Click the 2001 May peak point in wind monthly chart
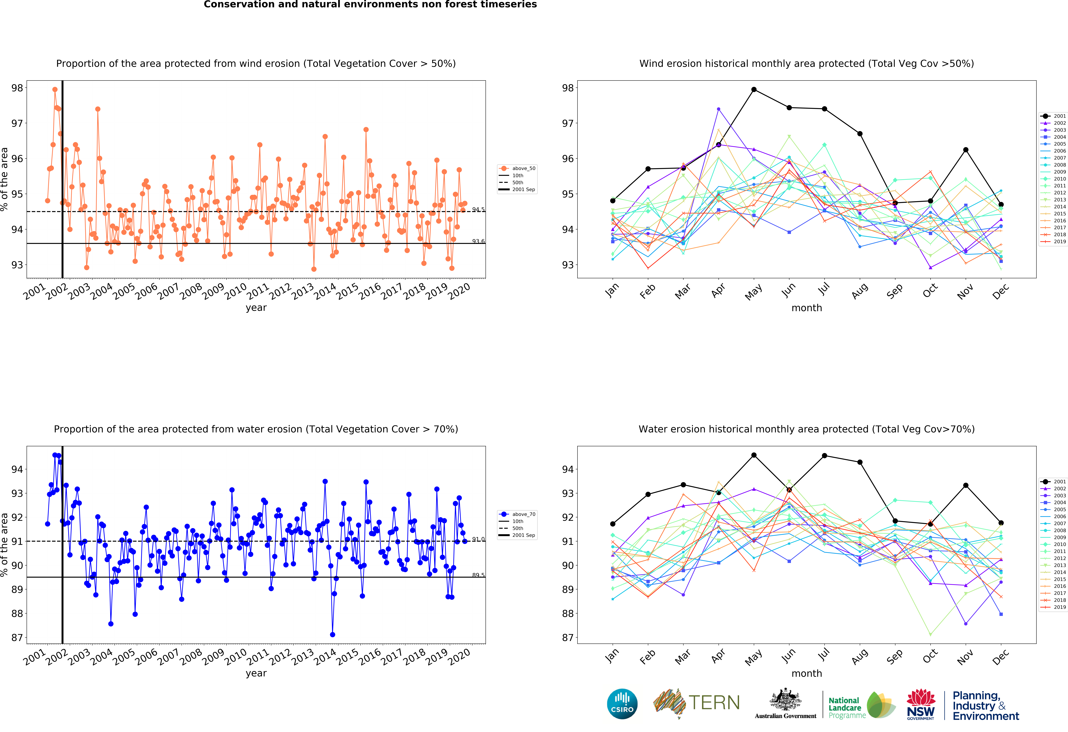click(754, 90)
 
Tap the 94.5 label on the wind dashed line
click(478, 210)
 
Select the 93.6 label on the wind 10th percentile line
click(478, 241)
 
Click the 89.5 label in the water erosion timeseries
click(478, 575)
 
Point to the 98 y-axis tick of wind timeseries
click(17, 88)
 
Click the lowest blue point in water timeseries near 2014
click(332, 635)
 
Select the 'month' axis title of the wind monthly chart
click(807, 308)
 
